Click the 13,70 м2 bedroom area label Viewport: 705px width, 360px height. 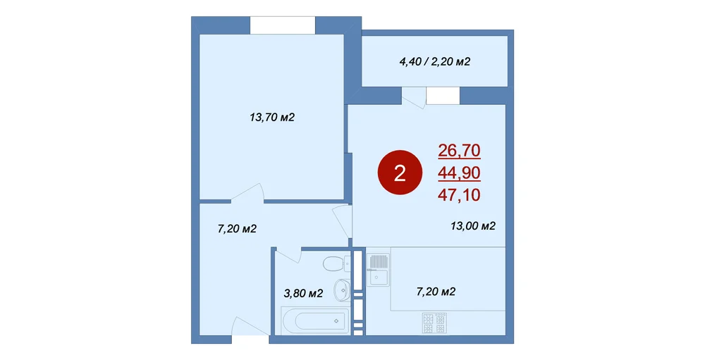(272, 118)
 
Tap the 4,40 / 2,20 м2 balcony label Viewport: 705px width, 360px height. (435, 61)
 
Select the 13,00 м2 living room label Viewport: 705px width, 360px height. (473, 225)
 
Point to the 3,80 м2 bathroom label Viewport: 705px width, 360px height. (303, 294)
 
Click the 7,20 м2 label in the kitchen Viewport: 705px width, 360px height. (436, 292)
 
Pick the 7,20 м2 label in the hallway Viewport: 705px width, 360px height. (237, 229)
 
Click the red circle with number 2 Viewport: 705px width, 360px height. (400, 173)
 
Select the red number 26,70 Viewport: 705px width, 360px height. (459, 151)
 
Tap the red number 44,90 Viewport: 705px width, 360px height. (459, 173)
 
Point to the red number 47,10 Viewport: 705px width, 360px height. (459, 194)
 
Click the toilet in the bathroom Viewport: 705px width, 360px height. (337, 263)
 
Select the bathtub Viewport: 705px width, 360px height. (315, 321)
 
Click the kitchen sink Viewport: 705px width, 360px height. (379, 270)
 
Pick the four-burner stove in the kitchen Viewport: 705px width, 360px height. (434, 323)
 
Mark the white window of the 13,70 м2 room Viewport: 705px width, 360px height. (283, 25)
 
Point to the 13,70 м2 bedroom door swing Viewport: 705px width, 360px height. (247, 194)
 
